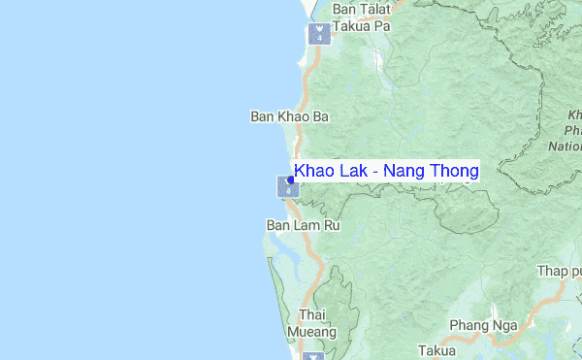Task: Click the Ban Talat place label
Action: coord(361,10)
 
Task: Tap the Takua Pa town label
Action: coord(361,27)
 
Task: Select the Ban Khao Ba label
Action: coord(289,116)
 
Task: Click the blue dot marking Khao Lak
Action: coord(291,180)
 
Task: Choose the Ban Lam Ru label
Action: coord(303,225)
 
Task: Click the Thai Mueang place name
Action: coord(317,323)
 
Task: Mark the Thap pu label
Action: coord(560,271)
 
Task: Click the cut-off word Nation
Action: coord(565,147)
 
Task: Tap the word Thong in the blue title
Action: coord(456,172)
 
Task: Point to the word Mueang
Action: coord(317,332)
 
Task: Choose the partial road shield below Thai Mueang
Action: coord(312,356)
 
